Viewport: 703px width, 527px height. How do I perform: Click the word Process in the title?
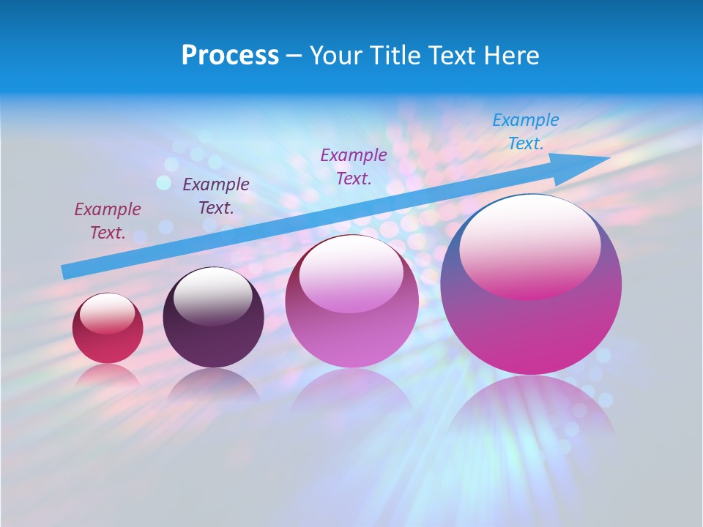click(x=230, y=56)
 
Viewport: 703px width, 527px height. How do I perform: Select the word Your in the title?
click(x=335, y=56)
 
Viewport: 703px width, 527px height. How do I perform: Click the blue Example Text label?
click(x=526, y=132)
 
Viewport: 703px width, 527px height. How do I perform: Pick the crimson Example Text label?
click(x=108, y=221)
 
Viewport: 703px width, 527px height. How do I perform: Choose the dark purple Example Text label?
click(x=215, y=196)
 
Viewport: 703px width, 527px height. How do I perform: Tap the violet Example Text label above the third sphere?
click(x=354, y=167)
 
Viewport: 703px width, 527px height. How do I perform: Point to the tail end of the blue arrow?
click(x=67, y=271)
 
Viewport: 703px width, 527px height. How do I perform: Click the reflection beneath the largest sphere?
click(x=531, y=410)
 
